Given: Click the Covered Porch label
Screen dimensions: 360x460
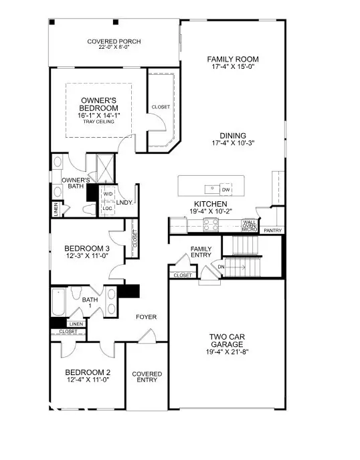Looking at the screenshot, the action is click(x=114, y=41).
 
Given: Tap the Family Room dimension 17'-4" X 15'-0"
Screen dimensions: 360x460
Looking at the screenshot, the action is click(x=233, y=67).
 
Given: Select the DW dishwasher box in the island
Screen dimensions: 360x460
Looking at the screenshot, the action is click(x=226, y=190).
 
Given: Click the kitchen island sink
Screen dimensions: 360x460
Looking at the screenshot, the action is click(x=211, y=189).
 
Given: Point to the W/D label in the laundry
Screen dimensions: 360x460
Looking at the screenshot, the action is click(x=108, y=194).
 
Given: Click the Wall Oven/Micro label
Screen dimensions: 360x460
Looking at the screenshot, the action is click(x=250, y=226).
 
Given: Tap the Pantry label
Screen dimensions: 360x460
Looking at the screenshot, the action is click(x=273, y=231).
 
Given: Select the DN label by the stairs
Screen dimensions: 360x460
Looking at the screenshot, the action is click(x=221, y=267).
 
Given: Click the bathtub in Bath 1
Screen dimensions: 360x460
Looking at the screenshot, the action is click(x=58, y=302).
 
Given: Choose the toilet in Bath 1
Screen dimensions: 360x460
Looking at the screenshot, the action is click(x=76, y=293).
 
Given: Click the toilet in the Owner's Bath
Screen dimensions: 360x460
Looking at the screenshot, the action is click(x=89, y=209).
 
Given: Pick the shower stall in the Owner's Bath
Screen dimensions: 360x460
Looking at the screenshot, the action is click(x=105, y=168).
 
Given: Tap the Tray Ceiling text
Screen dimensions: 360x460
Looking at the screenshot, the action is click(x=98, y=122).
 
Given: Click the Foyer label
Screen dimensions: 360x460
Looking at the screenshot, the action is click(x=147, y=317).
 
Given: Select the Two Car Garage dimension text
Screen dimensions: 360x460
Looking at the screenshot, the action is click(x=228, y=352).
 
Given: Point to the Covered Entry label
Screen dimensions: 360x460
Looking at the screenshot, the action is click(x=147, y=377).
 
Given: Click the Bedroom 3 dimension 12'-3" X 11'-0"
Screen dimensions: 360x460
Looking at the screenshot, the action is click(x=87, y=255).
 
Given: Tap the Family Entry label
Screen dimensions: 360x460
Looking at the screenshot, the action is click(x=201, y=252).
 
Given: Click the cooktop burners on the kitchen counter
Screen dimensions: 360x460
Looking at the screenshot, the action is click(x=211, y=225).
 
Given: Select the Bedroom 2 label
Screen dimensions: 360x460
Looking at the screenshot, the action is click(x=88, y=372).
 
